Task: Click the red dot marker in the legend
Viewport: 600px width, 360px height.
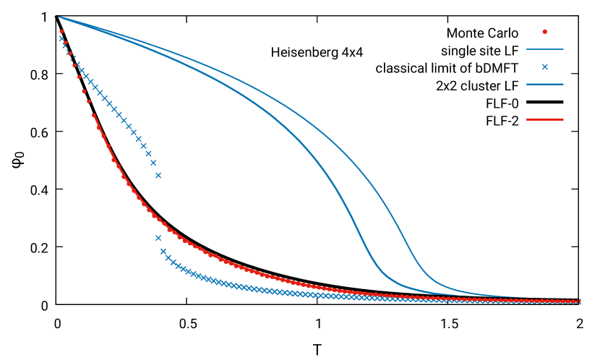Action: tap(544, 31)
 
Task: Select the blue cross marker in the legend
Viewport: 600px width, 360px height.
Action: tap(544, 67)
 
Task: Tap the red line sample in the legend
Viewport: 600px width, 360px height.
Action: tap(544, 119)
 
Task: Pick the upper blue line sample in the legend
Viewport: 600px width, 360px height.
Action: tap(544, 49)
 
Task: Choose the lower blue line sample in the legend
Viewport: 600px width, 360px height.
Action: tap(544, 84)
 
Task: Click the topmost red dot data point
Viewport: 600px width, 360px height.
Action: tap(61, 32)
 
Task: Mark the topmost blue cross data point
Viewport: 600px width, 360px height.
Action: tap(61, 38)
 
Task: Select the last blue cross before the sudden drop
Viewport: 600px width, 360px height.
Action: tap(158, 175)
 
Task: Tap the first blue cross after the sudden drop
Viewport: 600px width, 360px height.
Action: tap(158, 238)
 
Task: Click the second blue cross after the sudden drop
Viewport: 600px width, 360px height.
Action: tap(163, 252)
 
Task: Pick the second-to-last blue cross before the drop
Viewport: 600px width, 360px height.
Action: tap(153, 163)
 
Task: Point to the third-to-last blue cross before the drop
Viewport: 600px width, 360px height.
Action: tap(148, 153)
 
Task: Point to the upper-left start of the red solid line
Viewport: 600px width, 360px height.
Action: tap(93, 114)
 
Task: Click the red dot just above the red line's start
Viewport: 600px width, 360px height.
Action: tap(89, 102)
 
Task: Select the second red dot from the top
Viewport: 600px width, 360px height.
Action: tap(65, 43)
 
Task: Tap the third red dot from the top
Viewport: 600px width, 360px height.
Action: tap(69, 53)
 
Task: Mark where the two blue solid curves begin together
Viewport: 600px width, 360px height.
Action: tap(59, 17)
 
